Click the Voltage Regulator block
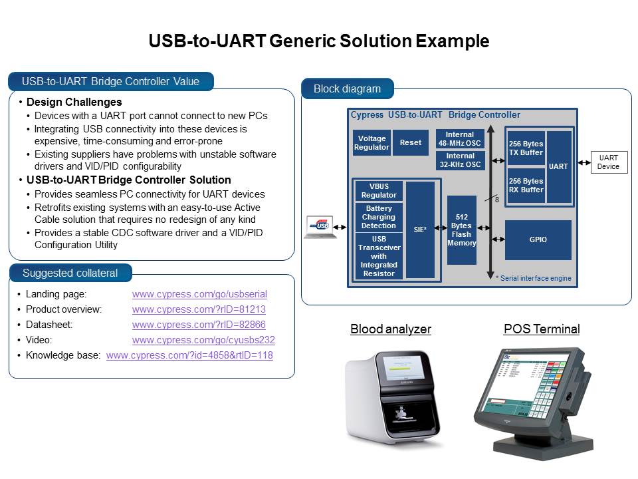click(372, 142)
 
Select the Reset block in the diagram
click(410, 142)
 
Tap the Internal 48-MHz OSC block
click(460, 138)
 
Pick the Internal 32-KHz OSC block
click(460, 160)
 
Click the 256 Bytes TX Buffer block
click(525, 148)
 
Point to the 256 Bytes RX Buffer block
click(525, 185)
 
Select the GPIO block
click(538, 239)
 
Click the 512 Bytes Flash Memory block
click(462, 230)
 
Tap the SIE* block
click(420, 230)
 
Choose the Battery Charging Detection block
click(379, 217)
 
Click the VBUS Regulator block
click(379, 191)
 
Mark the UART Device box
click(608, 162)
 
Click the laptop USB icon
click(317, 227)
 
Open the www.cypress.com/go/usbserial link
click(199, 293)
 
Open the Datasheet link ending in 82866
click(199, 325)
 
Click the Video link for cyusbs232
click(203, 340)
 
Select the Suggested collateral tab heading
click(70, 273)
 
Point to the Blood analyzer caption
click(390, 329)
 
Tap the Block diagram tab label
click(347, 88)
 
